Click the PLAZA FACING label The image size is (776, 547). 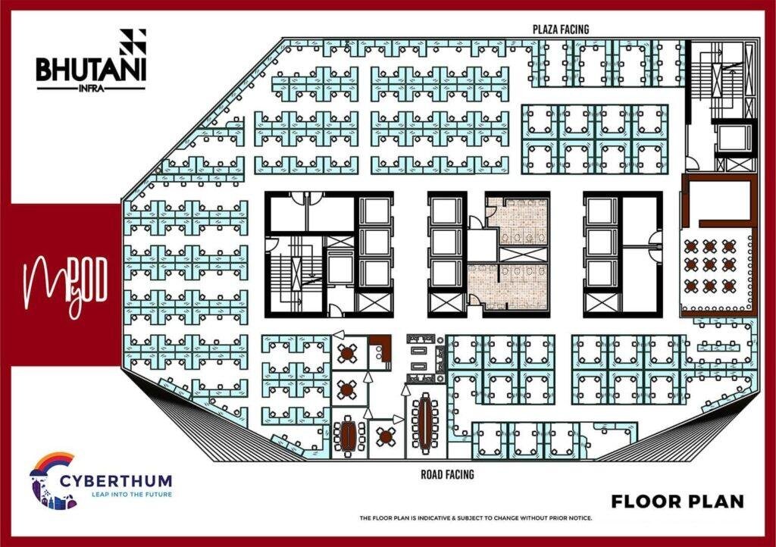pyautogui.click(x=561, y=30)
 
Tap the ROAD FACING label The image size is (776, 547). pyautogui.click(x=447, y=475)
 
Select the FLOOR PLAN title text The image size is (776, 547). pyautogui.click(x=677, y=502)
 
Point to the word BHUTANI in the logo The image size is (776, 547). pyautogui.click(x=91, y=70)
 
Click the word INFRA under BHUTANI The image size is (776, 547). pyautogui.click(x=91, y=89)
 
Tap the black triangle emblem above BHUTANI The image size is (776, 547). pyautogui.click(x=133, y=42)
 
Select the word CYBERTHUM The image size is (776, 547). pyautogui.click(x=116, y=481)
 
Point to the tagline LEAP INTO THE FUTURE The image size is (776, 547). pyautogui.click(x=132, y=494)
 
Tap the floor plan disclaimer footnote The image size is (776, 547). pyautogui.click(x=476, y=518)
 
